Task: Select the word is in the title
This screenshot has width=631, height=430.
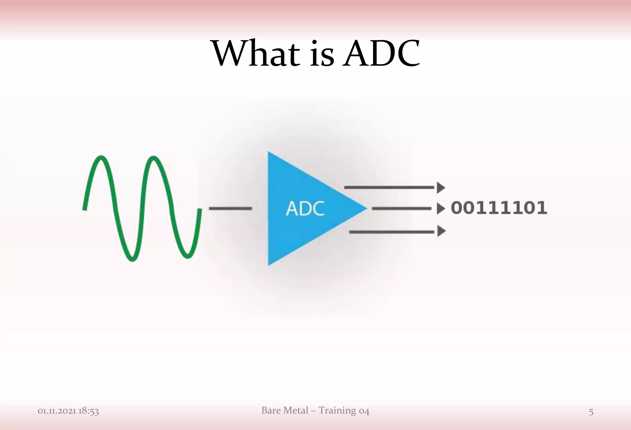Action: point(321,54)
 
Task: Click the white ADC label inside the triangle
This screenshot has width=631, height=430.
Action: point(305,209)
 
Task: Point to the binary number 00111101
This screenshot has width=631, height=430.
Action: point(499,208)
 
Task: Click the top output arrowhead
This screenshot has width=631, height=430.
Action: point(441,188)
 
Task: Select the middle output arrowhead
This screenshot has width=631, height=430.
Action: point(441,209)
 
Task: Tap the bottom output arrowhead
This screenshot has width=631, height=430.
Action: point(441,231)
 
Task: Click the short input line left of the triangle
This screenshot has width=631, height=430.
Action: point(230,209)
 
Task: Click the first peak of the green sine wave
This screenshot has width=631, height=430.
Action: point(101,158)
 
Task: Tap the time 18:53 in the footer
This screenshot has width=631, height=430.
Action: point(89,411)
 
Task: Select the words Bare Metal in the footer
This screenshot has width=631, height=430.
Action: point(285,410)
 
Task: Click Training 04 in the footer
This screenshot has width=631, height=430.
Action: point(344,410)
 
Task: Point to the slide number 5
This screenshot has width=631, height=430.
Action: point(591,412)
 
